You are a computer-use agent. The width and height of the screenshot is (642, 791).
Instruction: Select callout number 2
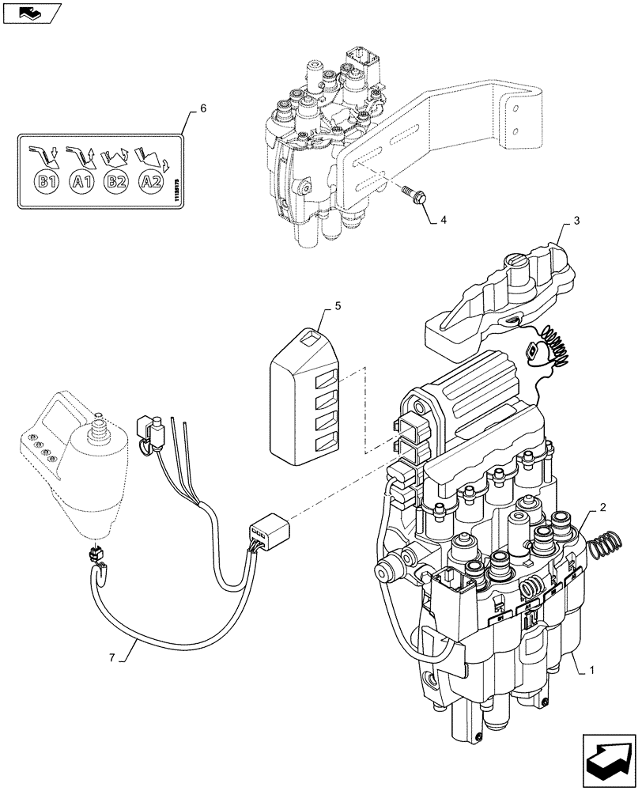(602, 506)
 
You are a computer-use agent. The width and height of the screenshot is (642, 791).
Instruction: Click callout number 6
(203, 109)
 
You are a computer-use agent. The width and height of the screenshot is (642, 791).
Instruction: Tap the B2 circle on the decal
(116, 182)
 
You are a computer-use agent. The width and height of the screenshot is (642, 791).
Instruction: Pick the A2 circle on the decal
(151, 182)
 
